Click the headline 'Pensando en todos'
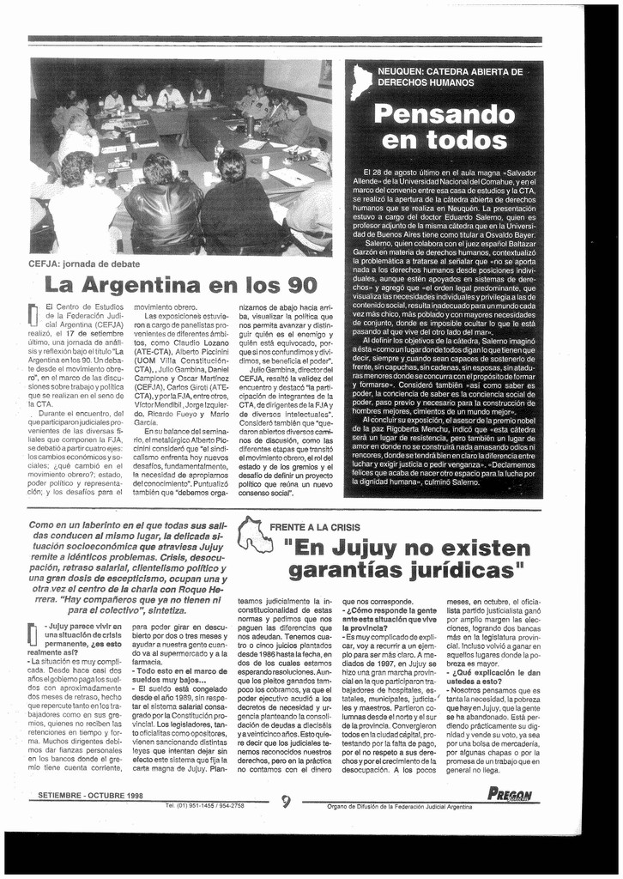[x=445, y=127]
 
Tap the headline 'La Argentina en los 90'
[x=180, y=284]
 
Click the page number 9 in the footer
[x=286, y=802]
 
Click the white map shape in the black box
[x=361, y=82]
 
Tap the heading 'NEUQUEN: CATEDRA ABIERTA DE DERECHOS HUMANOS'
[x=451, y=77]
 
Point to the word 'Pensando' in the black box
[x=445, y=113]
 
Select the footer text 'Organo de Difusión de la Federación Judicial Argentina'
[x=400, y=807]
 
